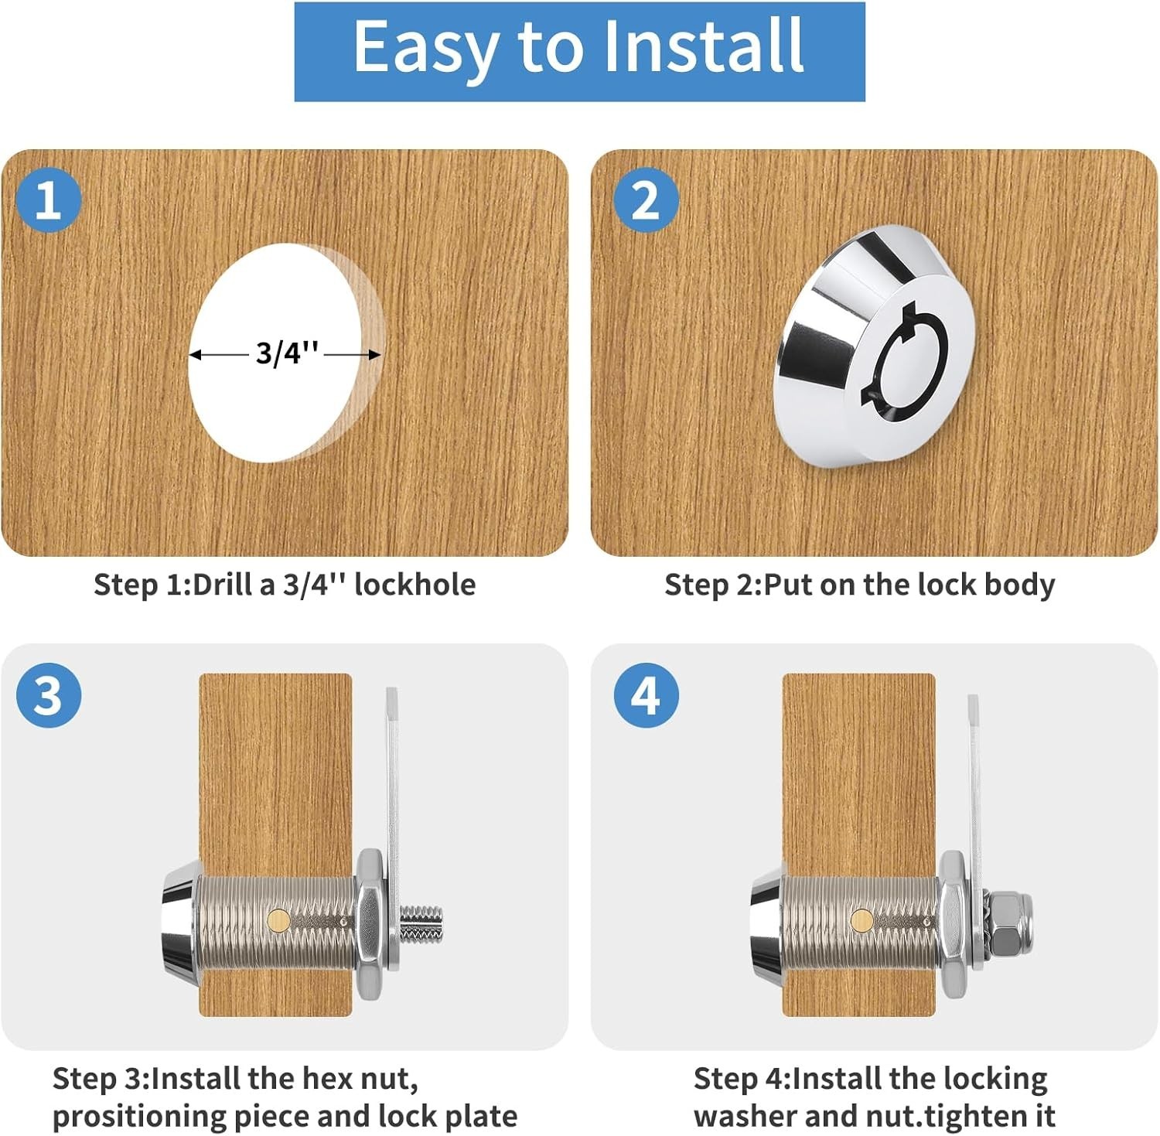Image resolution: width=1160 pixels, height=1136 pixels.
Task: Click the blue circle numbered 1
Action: (x=48, y=200)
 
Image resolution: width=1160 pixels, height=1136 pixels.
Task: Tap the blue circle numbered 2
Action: (x=647, y=200)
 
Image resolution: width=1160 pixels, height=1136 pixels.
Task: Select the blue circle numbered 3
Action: (x=48, y=694)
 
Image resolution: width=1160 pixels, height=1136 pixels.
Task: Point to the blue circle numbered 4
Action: (x=647, y=694)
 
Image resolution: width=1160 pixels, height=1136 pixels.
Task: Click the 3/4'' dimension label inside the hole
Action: (x=287, y=353)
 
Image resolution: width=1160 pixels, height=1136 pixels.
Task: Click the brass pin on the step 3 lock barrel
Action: (x=278, y=919)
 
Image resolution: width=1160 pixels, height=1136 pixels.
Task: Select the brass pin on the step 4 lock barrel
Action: (x=861, y=919)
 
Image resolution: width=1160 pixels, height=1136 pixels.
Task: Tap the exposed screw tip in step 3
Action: (x=421, y=924)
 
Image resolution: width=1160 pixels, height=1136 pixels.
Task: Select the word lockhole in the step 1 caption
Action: (x=415, y=585)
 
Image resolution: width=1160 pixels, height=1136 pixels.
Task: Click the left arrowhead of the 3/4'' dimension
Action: (x=196, y=355)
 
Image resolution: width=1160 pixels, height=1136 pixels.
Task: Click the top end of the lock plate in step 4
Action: (x=973, y=698)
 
